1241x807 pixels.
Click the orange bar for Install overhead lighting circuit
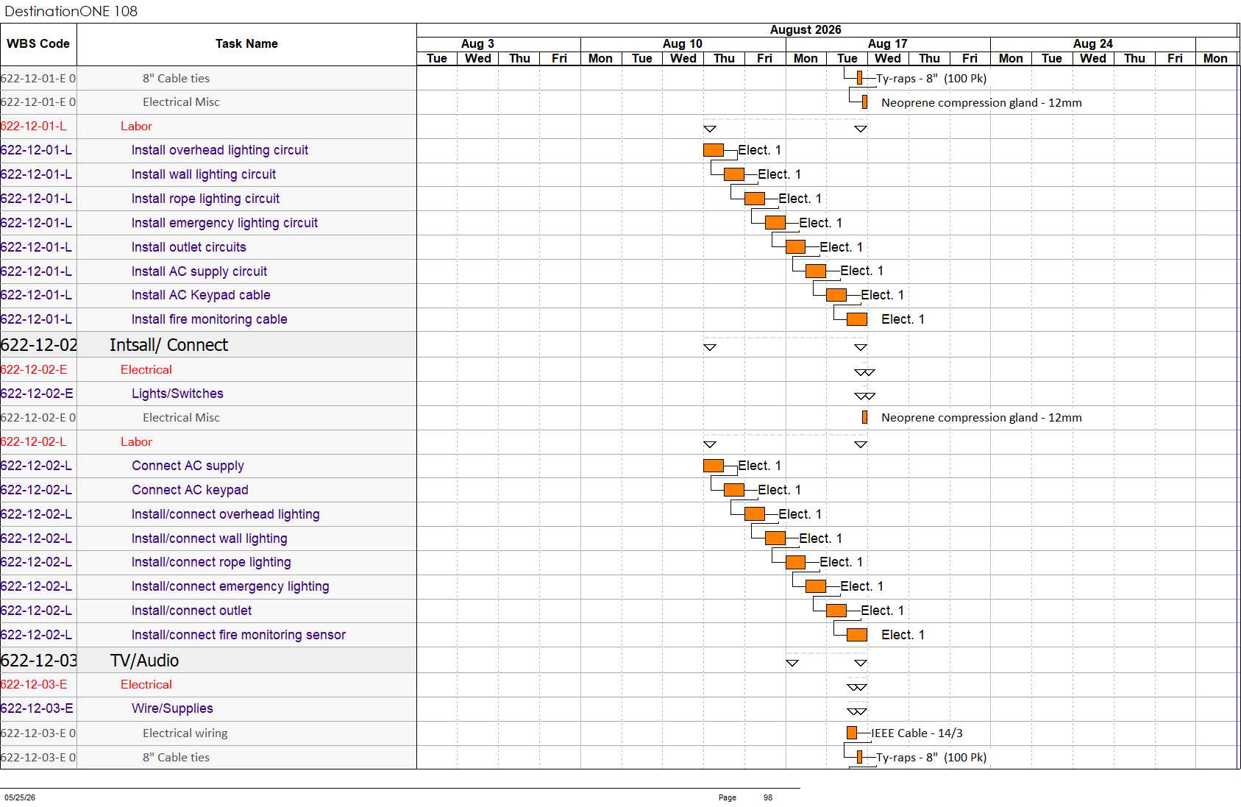pos(713,150)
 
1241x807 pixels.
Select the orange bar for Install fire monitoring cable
pos(856,319)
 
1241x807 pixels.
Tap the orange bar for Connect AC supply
pos(713,466)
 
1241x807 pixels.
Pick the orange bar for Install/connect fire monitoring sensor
pos(856,635)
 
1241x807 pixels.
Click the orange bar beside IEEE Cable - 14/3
pos(852,733)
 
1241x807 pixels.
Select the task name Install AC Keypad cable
pos(201,295)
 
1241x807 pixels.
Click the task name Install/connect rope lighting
pos(211,562)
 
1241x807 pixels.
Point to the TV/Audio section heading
pos(144,660)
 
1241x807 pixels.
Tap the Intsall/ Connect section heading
pos(168,345)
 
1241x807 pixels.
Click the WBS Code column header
pos(38,43)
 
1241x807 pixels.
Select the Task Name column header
pos(246,43)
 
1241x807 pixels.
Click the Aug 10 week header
pos(683,43)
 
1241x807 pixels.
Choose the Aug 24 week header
pos(1092,43)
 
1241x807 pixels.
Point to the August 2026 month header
pos(806,30)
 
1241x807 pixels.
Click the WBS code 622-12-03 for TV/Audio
pos(39,660)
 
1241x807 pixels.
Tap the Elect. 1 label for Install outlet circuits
pos(841,247)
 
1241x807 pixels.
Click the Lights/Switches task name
pos(177,394)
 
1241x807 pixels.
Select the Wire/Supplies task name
pos(172,708)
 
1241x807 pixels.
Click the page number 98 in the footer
pos(768,797)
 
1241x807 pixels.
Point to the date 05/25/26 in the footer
pos(20,797)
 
